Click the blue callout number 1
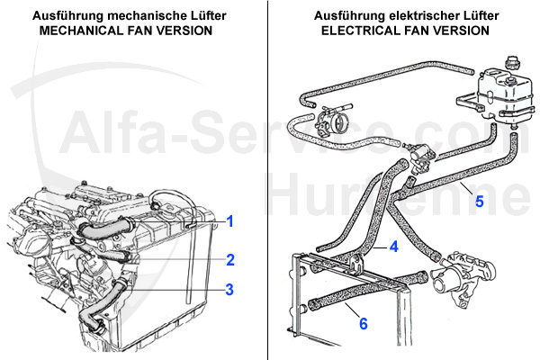point(229,220)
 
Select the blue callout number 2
point(230,259)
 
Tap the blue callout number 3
point(229,289)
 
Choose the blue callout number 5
point(479,201)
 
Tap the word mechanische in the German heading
point(130,16)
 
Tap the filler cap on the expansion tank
point(515,65)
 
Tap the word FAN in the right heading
point(434,31)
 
